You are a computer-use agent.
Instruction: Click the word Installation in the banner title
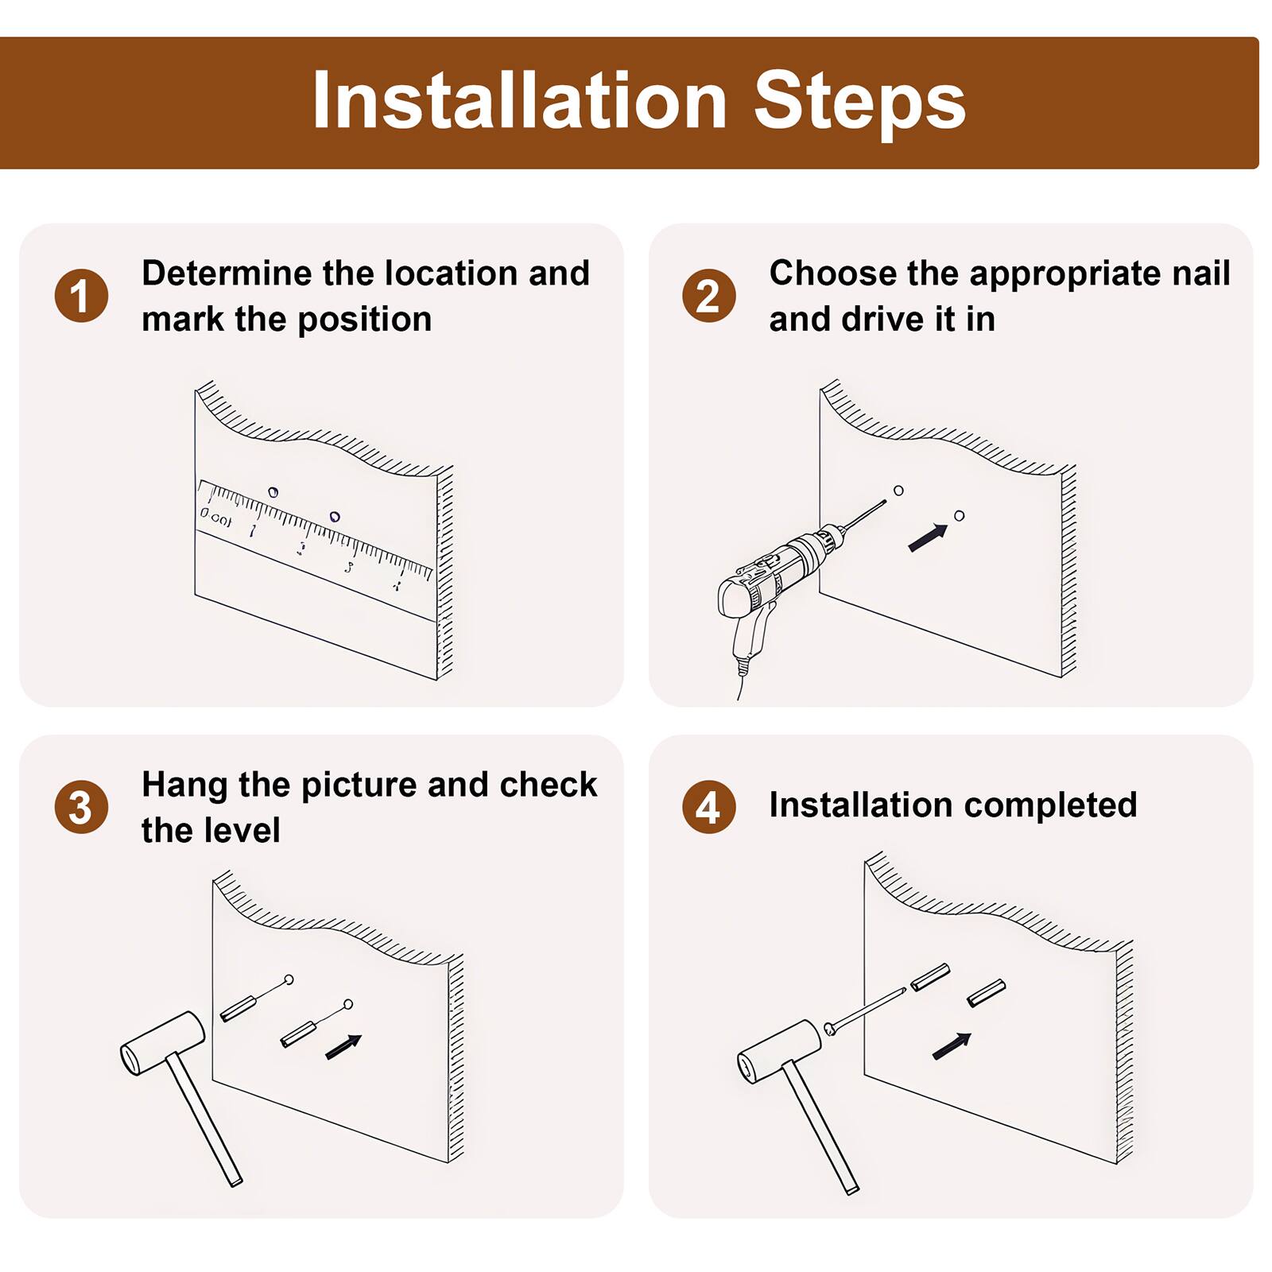(x=520, y=101)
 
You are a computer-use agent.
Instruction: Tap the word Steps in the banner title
(x=859, y=101)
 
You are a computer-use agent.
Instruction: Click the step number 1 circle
(x=81, y=296)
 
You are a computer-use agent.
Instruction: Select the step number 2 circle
(x=709, y=296)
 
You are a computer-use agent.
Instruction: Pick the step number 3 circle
(x=81, y=807)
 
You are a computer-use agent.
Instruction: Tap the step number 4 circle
(x=709, y=807)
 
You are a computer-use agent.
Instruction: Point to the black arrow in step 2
(x=928, y=537)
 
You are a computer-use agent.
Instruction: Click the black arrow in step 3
(x=343, y=1046)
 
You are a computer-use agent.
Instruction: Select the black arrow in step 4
(x=952, y=1045)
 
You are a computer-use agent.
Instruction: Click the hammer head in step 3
(x=163, y=1044)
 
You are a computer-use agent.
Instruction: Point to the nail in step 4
(x=865, y=1011)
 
